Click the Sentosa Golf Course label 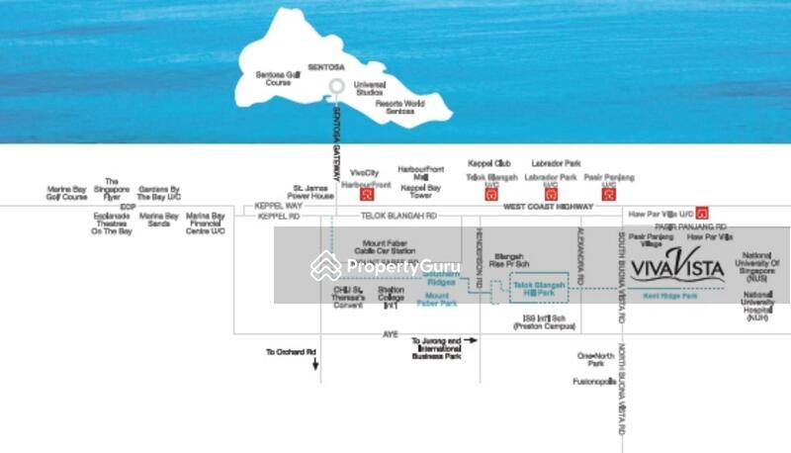276,78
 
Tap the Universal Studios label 369,89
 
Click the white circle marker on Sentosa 336,86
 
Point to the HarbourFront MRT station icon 366,195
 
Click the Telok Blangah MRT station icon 490,195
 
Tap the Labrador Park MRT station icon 550,195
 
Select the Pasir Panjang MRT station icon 607,195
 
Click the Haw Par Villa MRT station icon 702,212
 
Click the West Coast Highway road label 542,207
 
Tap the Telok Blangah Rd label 397,216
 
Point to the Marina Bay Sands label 159,220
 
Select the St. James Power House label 313,190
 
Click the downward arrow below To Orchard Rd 315,364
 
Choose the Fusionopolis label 594,381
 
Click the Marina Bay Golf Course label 67,193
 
